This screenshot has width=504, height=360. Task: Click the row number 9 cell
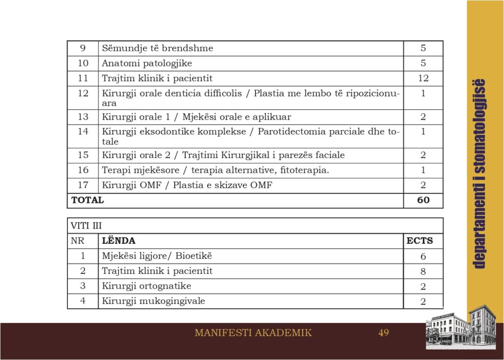pos(83,48)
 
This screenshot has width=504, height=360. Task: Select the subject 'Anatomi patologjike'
pos(147,63)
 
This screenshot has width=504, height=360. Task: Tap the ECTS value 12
pos(423,78)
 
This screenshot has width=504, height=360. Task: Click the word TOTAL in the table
pos(88,200)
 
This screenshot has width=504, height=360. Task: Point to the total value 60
pos(423,200)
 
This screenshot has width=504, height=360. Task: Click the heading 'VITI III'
pos(86,226)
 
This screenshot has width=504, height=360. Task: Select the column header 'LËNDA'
pos(119,241)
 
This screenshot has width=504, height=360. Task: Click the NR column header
pos(78,241)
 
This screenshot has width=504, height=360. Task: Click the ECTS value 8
pos(423,271)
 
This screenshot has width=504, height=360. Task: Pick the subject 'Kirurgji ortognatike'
pos(146,286)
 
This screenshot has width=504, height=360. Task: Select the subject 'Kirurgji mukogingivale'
pos(153,301)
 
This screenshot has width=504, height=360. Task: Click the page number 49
pos(383,333)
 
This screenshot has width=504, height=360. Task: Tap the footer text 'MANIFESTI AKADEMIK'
pos(253,333)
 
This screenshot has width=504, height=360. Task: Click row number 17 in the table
pos(83,185)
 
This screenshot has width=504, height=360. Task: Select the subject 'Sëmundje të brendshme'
pos(157,48)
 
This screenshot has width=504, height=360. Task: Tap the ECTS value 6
pos(423,257)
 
